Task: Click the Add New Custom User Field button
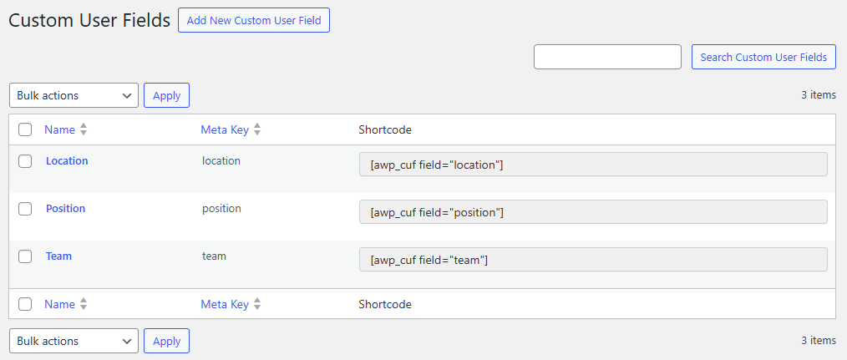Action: coord(254,20)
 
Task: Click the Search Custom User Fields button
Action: coord(763,57)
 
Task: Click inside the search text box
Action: coord(607,57)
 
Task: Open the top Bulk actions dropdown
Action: coord(74,95)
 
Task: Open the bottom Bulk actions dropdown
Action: coord(74,341)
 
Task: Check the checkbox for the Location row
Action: coord(25,161)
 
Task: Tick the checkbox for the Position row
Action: coord(25,209)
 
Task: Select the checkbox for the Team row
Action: coord(25,256)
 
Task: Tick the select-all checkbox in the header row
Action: coord(25,129)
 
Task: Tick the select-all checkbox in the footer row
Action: coord(25,305)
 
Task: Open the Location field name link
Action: coord(67,160)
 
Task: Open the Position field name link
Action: coord(65,208)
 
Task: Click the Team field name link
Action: coord(58,256)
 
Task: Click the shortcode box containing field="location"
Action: coord(593,165)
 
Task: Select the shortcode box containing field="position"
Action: coord(593,212)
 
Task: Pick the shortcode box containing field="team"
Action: coord(593,260)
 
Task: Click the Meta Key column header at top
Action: coord(225,129)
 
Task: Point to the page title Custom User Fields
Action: coord(89,20)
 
